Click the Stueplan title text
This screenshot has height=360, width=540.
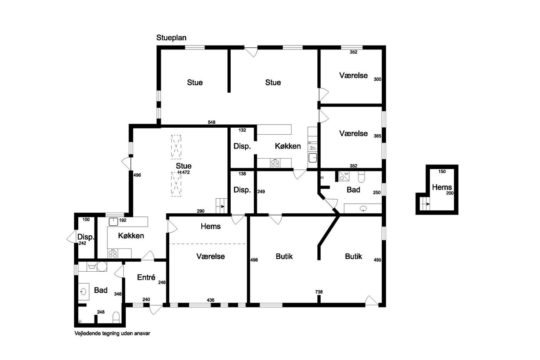(171, 38)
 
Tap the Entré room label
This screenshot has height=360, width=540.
(146, 277)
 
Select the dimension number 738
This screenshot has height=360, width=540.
(319, 292)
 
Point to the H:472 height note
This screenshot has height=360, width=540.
(184, 172)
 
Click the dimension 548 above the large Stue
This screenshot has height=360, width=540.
(211, 122)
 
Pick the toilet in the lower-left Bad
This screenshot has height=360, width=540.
(116, 317)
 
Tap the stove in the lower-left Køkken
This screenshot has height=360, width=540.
(113, 254)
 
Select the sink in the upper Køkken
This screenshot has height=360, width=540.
(313, 158)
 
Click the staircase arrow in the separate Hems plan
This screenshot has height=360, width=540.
(425, 204)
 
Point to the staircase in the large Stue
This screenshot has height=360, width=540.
(221, 206)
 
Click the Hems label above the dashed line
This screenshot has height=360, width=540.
(211, 226)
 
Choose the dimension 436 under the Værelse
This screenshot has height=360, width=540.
(211, 300)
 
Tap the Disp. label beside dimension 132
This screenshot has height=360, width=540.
(242, 146)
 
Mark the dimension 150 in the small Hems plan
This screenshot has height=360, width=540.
(442, 171)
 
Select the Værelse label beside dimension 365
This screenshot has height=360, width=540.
(353, 134)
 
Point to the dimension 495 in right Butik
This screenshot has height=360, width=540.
(378, 260)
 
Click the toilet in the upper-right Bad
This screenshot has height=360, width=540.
(361, 177)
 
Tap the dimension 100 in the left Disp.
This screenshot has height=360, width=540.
(86, 220)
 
